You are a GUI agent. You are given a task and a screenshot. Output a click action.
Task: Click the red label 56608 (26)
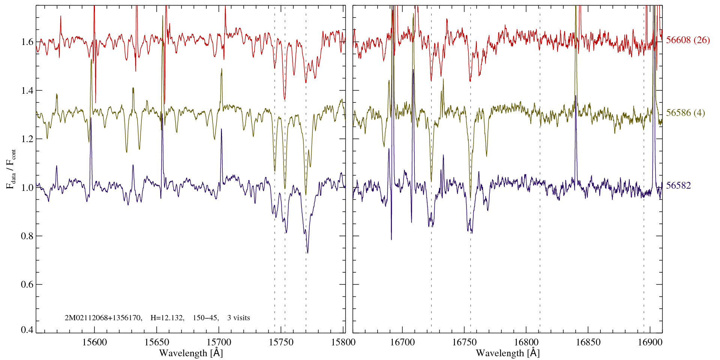tap(688, 40)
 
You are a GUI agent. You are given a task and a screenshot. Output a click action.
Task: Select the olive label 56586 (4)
tap(685, 113)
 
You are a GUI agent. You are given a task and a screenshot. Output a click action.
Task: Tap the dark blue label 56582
tap(678, 186)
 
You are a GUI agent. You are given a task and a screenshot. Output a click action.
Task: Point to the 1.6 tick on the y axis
tap(27, 42)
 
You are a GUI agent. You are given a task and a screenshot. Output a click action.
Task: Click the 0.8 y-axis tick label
tap(27, 236)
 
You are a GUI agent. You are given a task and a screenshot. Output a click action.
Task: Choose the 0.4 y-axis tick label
tap(27, 330)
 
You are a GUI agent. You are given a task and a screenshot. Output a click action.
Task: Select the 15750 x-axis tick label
tap(282, 342)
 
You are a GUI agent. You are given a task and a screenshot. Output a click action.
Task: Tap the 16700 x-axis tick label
tap(402, 342)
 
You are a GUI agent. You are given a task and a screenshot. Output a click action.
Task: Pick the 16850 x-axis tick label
tap(588, 342)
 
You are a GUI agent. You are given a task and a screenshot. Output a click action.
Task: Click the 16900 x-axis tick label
tap(649, 342)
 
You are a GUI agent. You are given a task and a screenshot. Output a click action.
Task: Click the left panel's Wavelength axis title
tap(191, 353)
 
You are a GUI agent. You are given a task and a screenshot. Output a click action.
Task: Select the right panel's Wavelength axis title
tap(508, 353)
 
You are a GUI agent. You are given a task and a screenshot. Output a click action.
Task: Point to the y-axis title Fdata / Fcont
tap(11, 169)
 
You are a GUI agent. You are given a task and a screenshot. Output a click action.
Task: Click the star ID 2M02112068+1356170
tap(103, 318)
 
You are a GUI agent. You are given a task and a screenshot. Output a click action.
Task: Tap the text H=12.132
tap(167, 318)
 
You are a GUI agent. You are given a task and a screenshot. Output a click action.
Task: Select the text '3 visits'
tap(238, 318)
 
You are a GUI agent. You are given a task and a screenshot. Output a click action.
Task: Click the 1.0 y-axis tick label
tap(27, 187)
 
